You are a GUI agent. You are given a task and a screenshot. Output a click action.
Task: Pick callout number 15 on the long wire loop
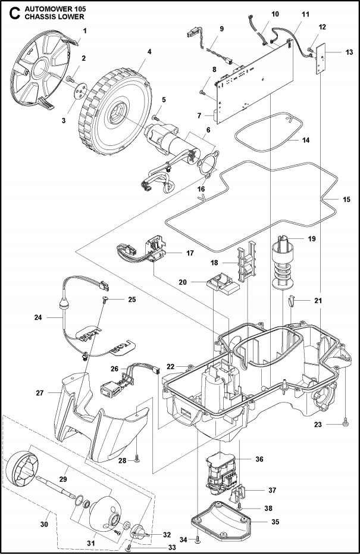coord(346,199)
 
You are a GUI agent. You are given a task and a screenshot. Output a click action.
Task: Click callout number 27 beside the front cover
coord(40,392)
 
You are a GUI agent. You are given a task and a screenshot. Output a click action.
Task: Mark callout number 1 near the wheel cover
coord(84,30)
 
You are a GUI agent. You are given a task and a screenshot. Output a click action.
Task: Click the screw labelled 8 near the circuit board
coord(203,92)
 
